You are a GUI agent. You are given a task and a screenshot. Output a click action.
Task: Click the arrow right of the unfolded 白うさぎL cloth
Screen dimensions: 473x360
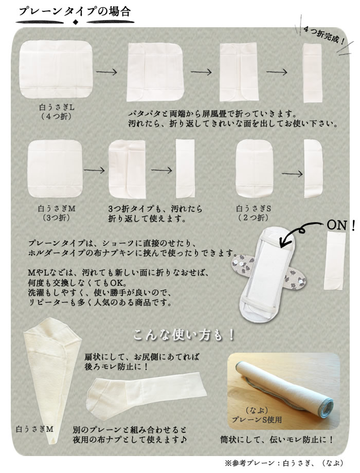coord(106,72)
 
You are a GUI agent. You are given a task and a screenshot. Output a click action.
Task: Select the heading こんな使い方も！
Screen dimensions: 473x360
coord(184,335)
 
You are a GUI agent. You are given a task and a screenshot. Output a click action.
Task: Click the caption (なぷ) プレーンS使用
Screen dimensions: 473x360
coord(257,415)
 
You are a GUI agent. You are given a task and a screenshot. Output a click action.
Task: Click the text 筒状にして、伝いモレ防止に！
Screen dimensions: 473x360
coord(276,440)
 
